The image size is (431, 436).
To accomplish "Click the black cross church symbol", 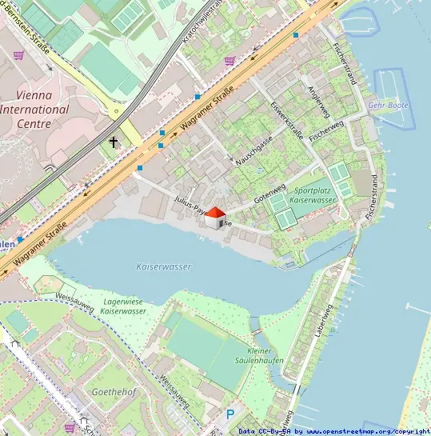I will click(114, 142).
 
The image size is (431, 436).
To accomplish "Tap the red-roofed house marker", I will click(214, 218).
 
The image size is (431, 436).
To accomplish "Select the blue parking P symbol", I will click(230, 414).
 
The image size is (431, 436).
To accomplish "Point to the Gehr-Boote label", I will click(388, 106).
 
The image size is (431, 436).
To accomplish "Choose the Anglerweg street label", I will click(319, 102).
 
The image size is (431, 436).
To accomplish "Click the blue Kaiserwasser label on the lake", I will click(164, 266).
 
